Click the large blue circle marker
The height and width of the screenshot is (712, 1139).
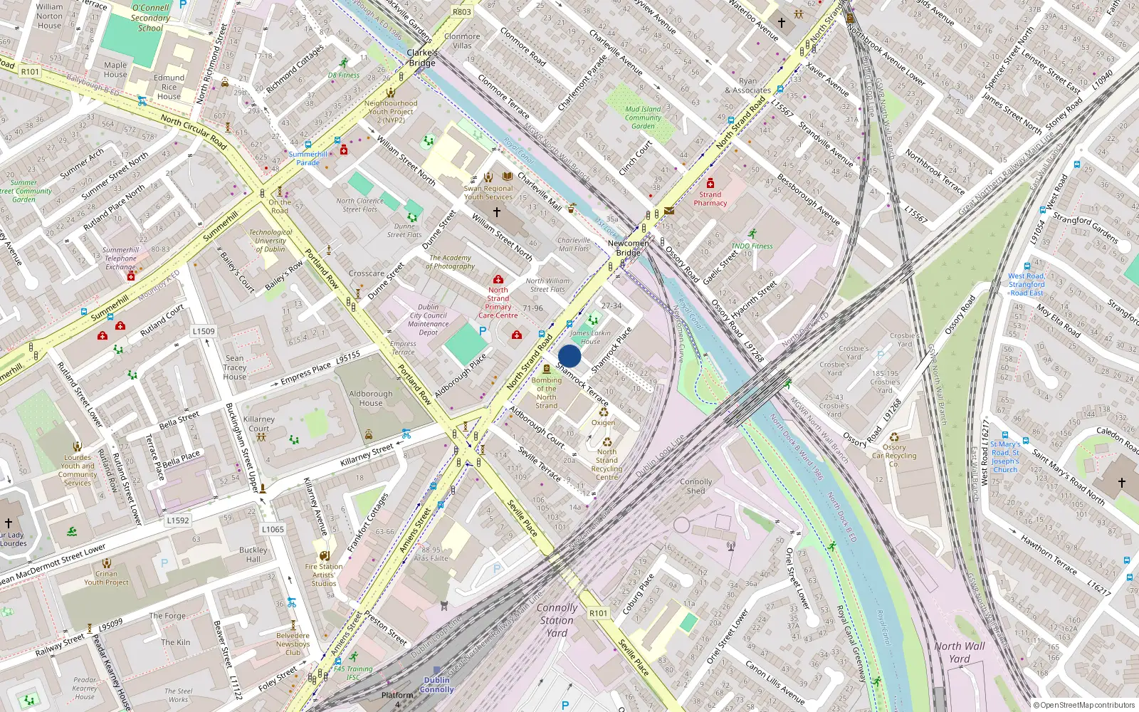[569, 356]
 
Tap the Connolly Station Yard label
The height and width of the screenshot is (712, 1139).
[557, 620]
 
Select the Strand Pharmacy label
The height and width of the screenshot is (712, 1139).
[710, 199]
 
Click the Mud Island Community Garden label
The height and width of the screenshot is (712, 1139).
[643, 117]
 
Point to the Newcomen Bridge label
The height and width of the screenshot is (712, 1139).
[628, 248]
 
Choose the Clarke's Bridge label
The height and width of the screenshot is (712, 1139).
[422, 58]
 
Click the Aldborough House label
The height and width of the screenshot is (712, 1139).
[370, 398]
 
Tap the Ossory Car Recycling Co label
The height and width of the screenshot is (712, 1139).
[894, 456]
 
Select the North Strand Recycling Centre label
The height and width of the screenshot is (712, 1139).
[607, 464]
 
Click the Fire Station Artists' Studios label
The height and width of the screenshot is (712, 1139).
[324, 575]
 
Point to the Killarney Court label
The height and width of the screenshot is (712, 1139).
[258, 424]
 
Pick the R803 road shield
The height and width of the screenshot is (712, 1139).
[462, 12]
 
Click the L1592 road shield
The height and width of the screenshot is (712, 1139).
[178, 520]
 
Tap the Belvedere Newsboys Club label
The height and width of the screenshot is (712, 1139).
[293, 644]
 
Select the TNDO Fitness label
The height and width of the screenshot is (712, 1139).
[752, 246]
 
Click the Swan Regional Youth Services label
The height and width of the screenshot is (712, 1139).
[488, 193]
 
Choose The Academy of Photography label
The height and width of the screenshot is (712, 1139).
[451, 262]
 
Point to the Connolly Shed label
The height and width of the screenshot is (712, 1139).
[696, 486]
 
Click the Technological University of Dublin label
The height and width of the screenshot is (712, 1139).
[271, 241]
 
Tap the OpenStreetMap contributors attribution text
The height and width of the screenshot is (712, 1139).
[1088, 705]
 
